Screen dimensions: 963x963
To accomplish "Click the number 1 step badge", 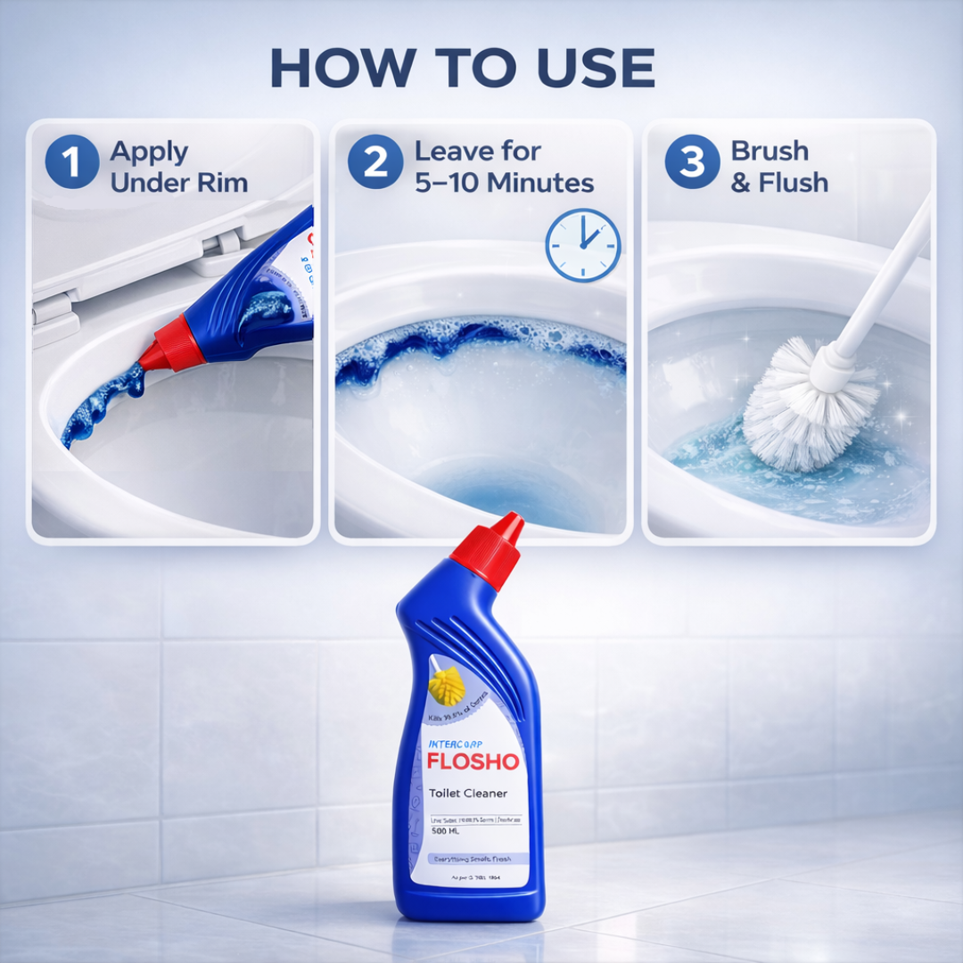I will [70, 163].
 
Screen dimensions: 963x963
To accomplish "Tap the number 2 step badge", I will [375, 163].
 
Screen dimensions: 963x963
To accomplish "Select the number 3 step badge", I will [692, 163].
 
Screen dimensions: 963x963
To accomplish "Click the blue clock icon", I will [583, 244].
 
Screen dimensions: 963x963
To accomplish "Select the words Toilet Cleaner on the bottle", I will [468, 793].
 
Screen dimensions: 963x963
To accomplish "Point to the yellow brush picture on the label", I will [447, 686].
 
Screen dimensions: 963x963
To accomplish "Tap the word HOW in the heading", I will [338, 67].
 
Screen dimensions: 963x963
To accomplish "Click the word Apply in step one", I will [150, 152].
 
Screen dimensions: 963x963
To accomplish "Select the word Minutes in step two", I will [539, 184].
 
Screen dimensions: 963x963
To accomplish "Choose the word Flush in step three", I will [793, 184].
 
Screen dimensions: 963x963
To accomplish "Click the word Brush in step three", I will [770, 151].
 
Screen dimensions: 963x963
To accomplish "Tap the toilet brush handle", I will [883, 285].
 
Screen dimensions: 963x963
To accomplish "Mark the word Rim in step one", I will [224, 184].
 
